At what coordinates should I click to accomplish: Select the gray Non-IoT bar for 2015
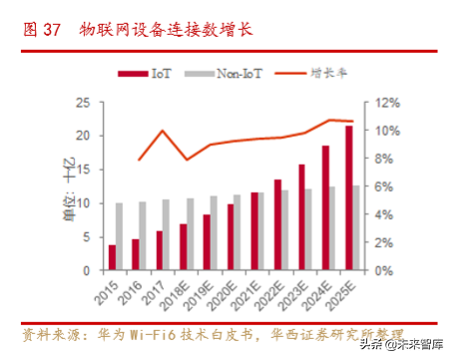pyautogui.click(x=120, y=236)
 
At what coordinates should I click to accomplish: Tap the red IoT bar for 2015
pyautogui.click(x=112, y=257)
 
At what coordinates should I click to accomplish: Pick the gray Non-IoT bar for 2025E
pyautogui.click(x=356, y=227)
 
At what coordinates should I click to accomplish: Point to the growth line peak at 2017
pyautogui.click(x=163, y=131)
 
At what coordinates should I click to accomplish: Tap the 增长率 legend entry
pyautogui.click(x=310, y=74)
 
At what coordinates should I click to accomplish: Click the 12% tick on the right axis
pyautogui.click(x=387, y=103)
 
